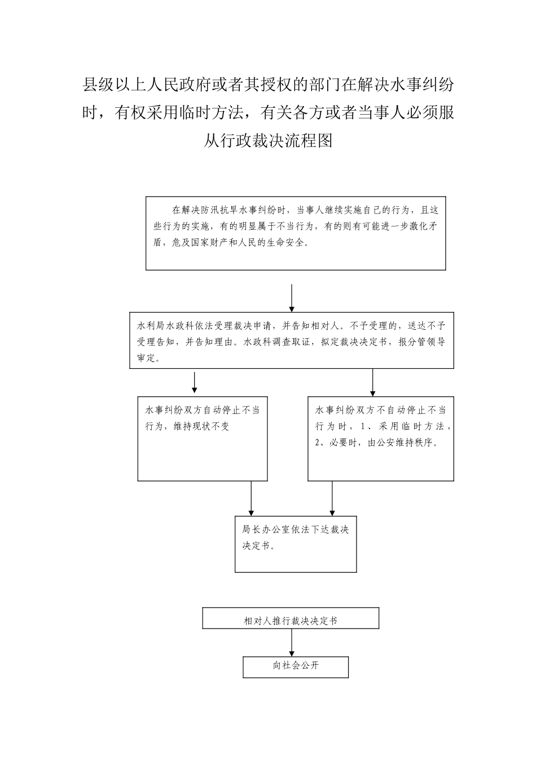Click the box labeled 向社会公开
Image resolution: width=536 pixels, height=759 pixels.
coord(296,666)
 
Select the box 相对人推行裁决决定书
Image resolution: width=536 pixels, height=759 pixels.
coord(291,619)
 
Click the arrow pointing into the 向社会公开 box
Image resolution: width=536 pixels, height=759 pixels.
coord(292,642)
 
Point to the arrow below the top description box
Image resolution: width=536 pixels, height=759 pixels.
coord(291,298)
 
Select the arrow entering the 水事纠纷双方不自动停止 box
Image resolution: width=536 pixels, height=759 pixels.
coord(372,382)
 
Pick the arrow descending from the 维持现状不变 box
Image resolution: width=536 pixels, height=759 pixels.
coord(251,498)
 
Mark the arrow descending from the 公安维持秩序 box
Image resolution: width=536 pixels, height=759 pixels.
coord(332,498)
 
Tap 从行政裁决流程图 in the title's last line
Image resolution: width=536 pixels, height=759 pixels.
coord(268,140)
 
